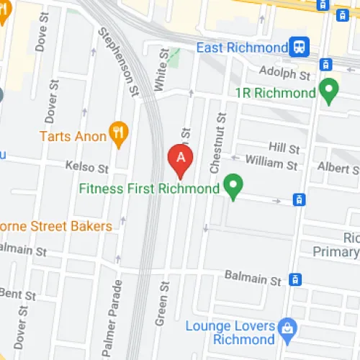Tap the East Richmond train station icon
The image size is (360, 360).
coord(298,47)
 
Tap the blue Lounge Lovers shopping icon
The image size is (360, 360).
coord(287,327)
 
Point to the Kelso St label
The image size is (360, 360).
coord(86,168)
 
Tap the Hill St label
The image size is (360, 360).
coord(284,149)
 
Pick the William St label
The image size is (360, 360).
coord(271,165)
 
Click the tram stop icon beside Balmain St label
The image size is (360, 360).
coord(294,279)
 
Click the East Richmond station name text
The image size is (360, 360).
coord(242,48)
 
